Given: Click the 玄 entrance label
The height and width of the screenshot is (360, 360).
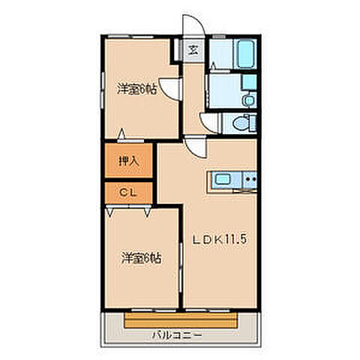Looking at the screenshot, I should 193,52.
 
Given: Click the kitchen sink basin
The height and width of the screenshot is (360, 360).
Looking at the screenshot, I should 224,180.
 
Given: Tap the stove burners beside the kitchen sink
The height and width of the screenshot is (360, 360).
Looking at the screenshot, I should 250,180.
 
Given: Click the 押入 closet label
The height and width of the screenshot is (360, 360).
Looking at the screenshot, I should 129,160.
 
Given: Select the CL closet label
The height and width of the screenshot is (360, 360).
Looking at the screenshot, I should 128,193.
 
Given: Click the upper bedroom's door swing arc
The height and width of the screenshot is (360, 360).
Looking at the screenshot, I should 172,89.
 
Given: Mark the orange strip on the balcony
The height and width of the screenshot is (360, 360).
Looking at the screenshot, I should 181,319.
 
